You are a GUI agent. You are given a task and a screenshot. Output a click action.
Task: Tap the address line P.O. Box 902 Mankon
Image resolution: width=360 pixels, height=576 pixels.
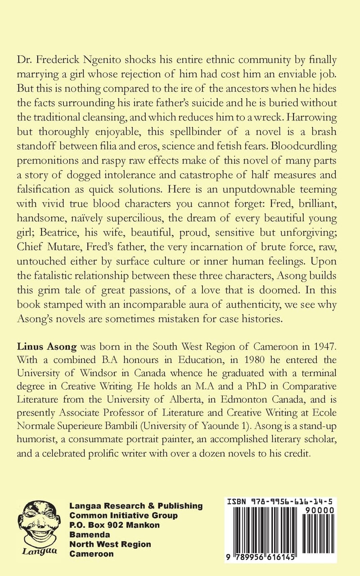pos(114,525)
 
